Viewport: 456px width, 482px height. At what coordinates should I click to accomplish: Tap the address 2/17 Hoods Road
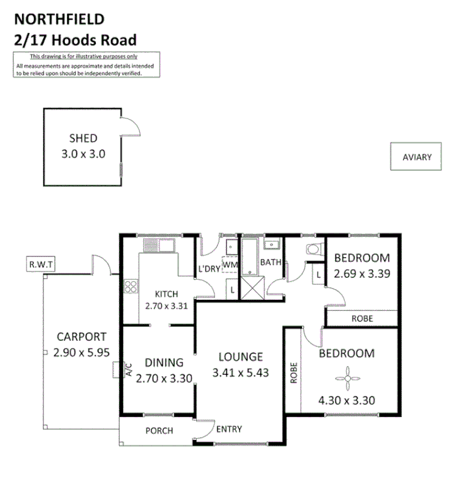75,40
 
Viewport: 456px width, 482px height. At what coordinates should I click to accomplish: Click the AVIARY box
417,157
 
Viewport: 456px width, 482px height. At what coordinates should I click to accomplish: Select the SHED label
83,139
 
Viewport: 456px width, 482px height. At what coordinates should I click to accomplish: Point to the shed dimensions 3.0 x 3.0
83,153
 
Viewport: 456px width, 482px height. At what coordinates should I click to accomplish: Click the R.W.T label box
39,265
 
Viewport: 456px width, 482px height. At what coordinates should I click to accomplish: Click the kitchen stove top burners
131,287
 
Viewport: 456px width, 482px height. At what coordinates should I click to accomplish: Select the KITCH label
167,294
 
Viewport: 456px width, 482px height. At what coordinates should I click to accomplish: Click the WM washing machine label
230,265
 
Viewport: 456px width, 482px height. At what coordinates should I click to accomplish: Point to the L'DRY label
209,270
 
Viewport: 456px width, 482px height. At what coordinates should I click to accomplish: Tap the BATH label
271,262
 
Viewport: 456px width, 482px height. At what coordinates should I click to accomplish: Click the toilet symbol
312,250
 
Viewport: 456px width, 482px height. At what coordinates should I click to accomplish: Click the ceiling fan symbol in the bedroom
347,378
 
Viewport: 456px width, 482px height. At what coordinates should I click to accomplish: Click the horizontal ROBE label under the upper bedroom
362,319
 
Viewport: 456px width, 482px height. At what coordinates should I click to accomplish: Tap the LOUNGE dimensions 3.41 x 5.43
242,372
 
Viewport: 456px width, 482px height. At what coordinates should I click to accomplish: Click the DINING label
164,362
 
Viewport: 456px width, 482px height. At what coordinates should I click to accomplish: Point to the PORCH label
159,431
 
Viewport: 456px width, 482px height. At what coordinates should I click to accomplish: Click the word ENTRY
228,430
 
